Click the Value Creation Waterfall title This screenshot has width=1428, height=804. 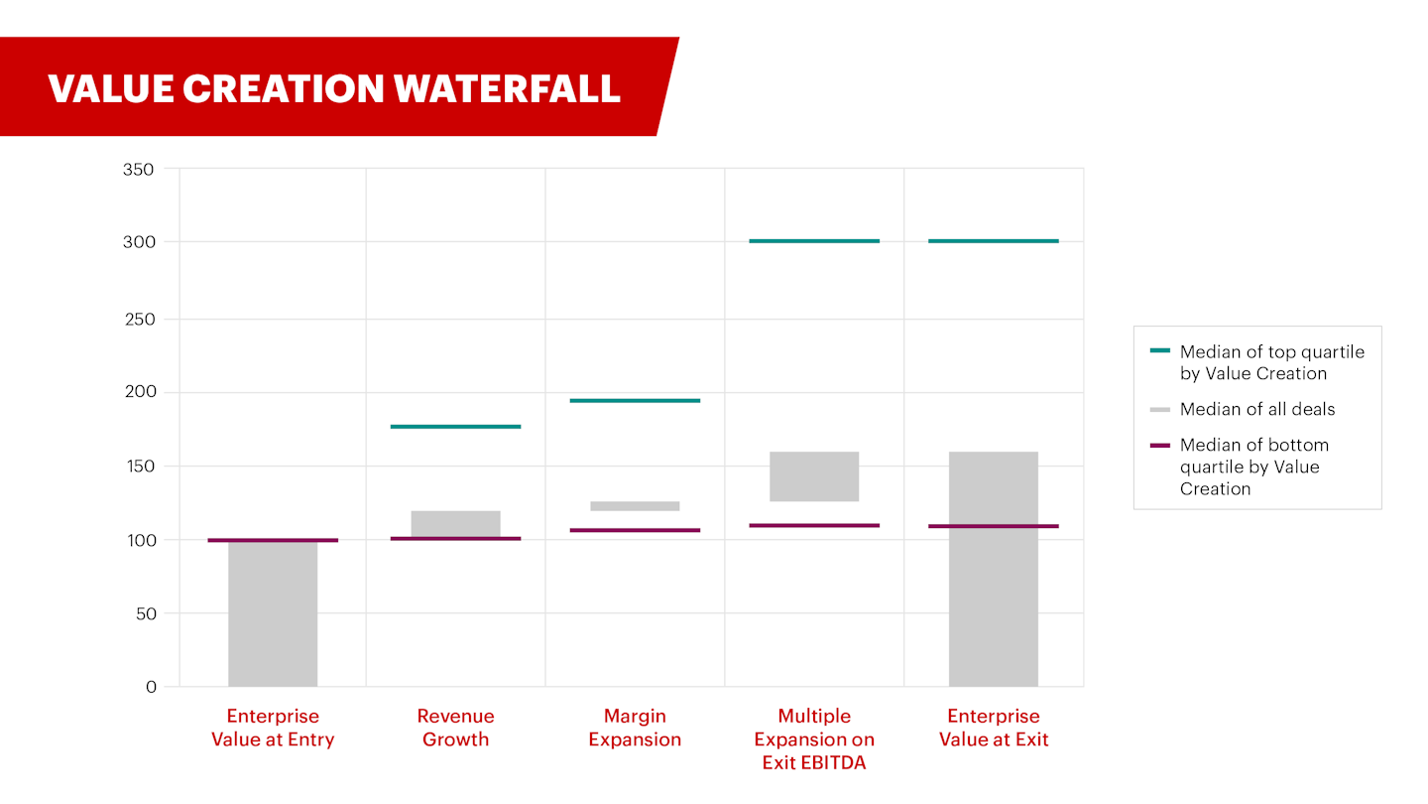(334, 88)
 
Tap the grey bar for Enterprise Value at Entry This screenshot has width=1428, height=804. (273, 615)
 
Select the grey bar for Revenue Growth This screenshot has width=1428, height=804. (455, 523)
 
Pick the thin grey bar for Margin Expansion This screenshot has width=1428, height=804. (635, 506)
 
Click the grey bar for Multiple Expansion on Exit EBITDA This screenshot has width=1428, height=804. (814, 476)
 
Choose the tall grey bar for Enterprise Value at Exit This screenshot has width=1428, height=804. (994, 596)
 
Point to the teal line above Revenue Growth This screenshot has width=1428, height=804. (455, 427)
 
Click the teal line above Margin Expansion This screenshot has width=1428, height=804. (635, 401)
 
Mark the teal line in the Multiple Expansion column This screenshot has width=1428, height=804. (814, 241)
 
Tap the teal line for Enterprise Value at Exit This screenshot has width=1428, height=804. (994, 241)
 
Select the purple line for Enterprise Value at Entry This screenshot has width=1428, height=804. (273, 541)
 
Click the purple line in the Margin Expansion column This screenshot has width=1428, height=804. (635, 530)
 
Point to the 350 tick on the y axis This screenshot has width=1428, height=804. (138, 170)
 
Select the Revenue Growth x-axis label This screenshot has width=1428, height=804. (455, 728)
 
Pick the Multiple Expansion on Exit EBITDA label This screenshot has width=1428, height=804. (814, 739)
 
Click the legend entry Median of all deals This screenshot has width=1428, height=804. (1257, 409)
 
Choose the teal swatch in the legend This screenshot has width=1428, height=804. (1160, 351)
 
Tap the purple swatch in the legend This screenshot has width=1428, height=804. (1160, 445)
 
